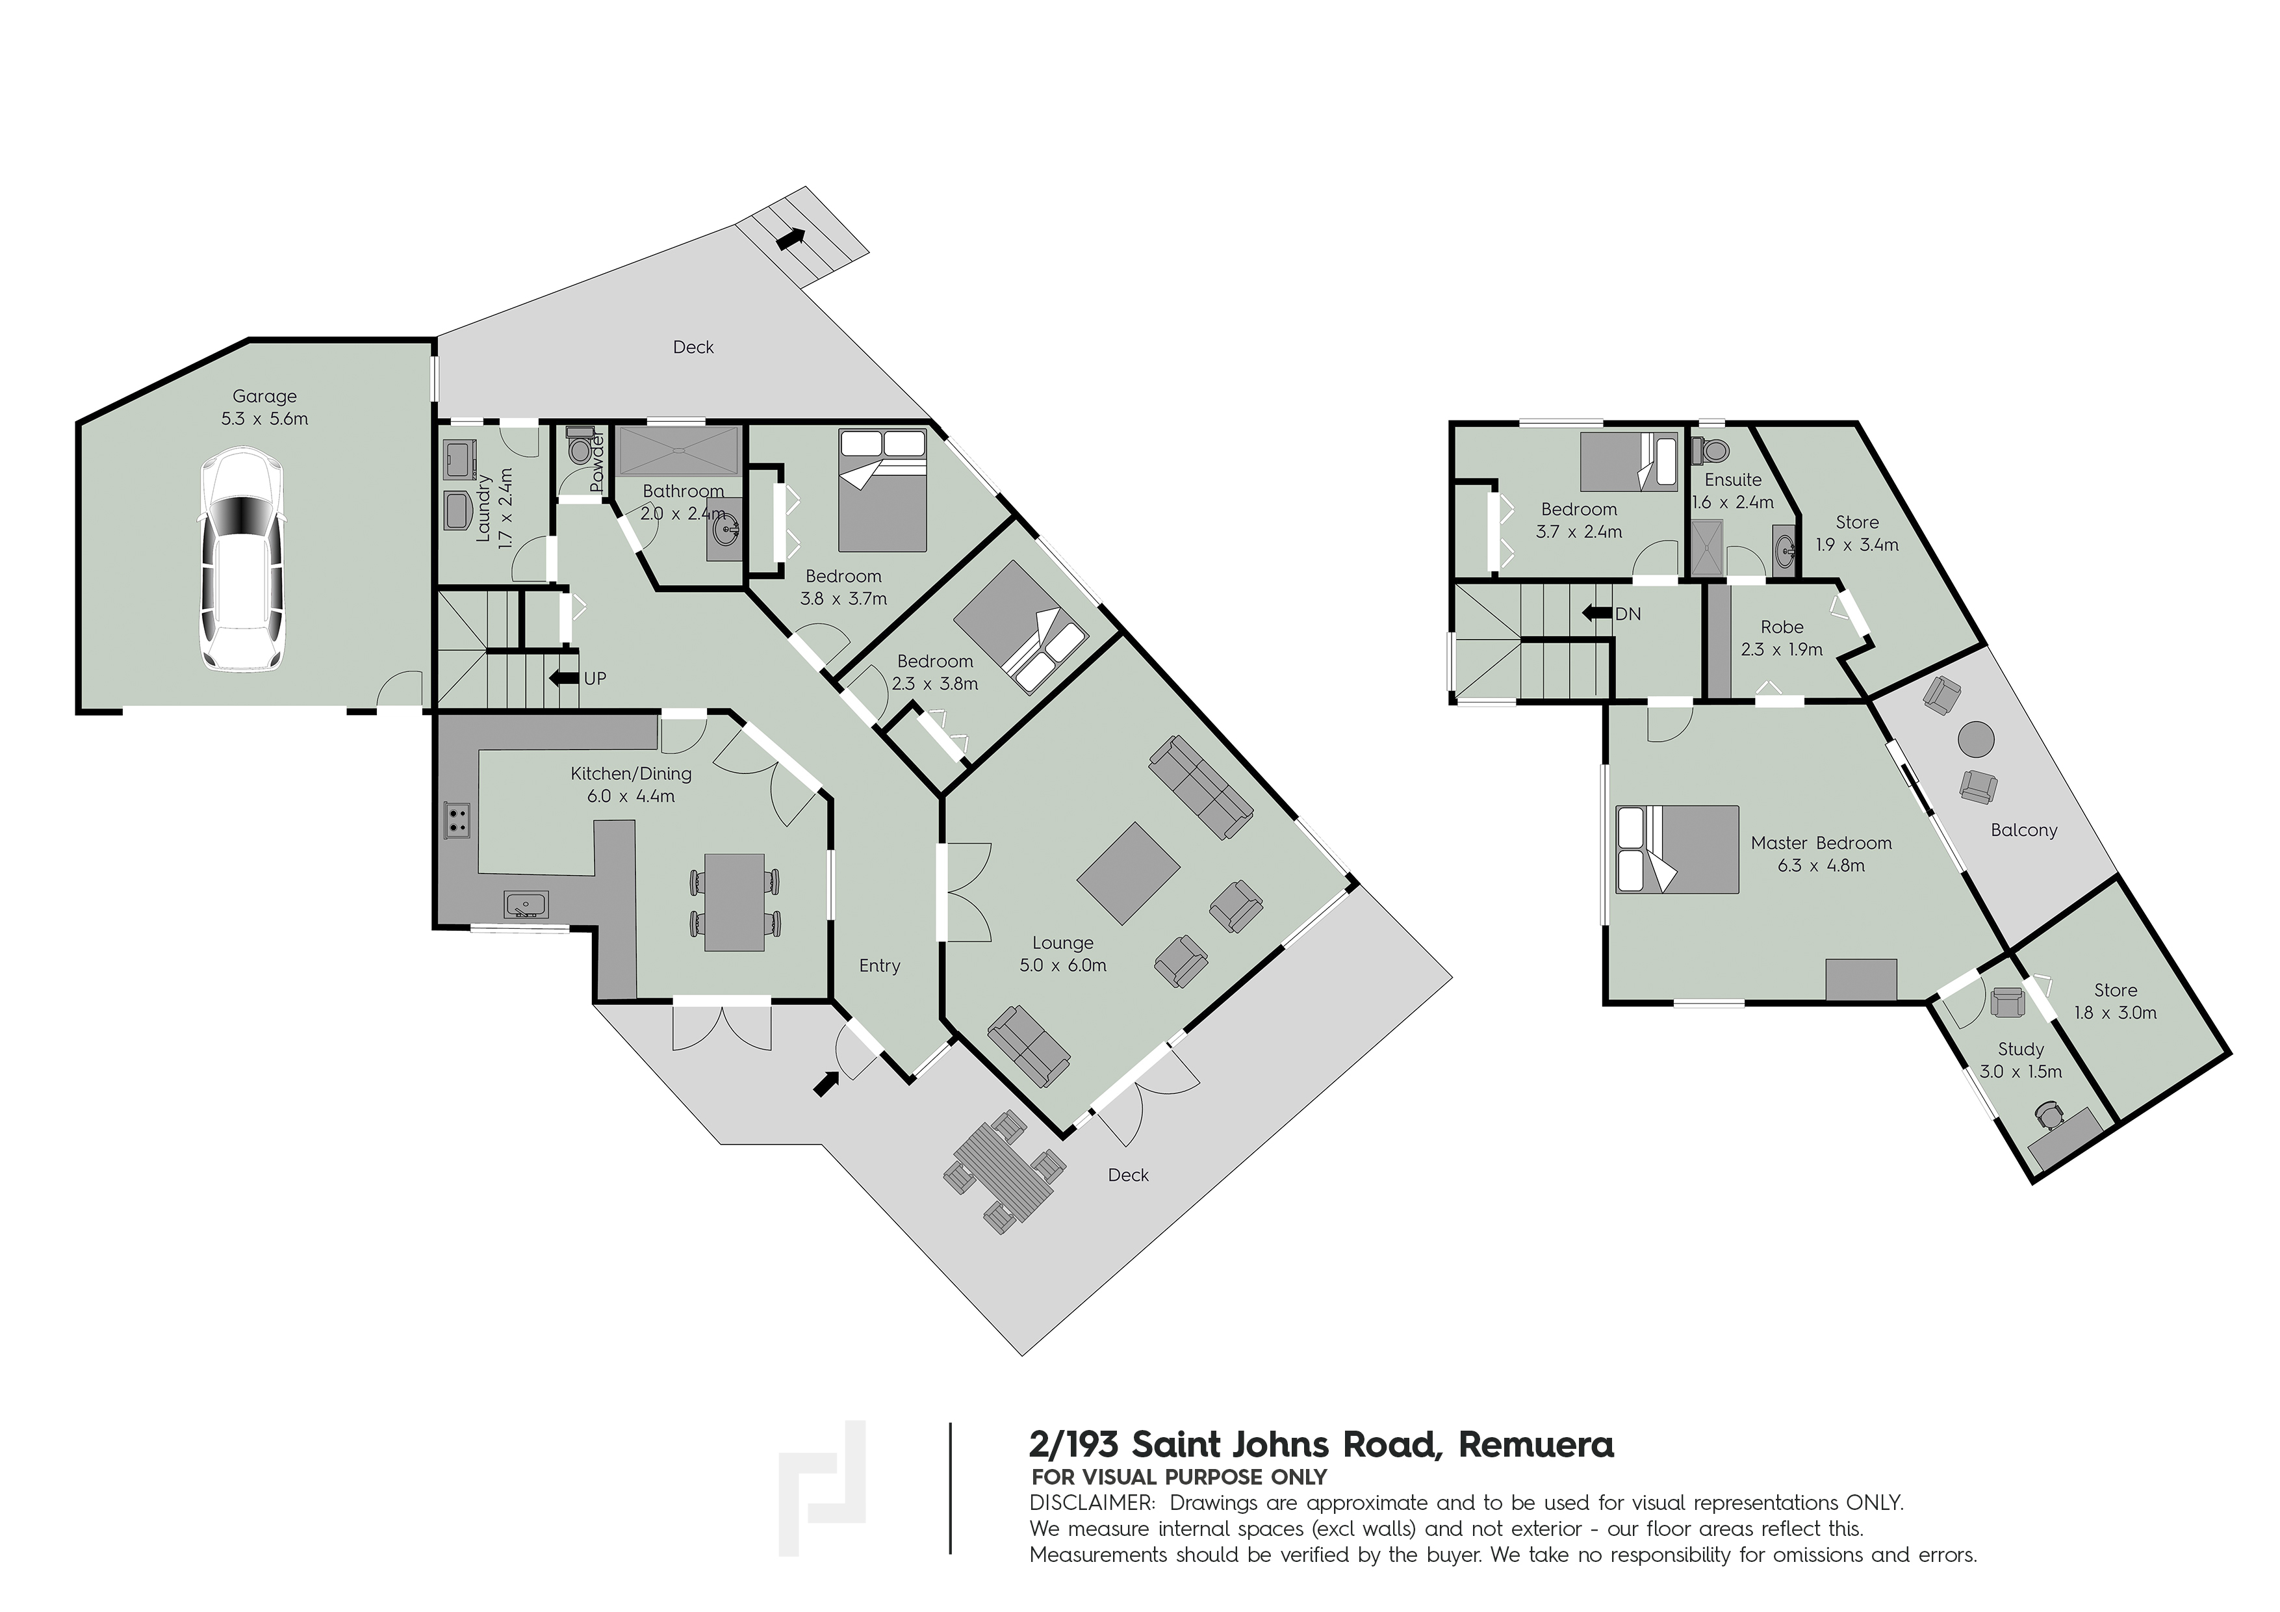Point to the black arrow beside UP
564,679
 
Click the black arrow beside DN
1597,613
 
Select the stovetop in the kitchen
458,820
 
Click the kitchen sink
526,905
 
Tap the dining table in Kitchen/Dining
735,902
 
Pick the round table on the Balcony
1975,740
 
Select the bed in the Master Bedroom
1677,849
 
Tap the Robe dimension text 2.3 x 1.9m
1782,649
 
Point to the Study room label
2020,1049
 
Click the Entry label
879,965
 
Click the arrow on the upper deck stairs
791,239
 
